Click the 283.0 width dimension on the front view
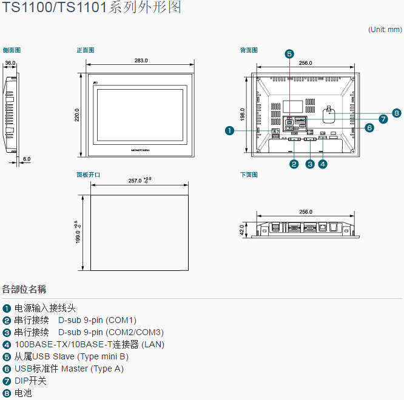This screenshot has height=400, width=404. point(141,61)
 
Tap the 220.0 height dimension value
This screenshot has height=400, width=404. point(77,115)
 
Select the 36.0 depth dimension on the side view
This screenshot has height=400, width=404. point(10,62)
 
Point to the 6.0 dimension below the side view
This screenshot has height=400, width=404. point(26,159)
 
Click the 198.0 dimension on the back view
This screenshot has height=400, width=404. point(243,114)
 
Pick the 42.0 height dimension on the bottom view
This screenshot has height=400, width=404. point(242,230)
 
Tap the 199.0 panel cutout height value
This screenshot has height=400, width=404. point(76,233)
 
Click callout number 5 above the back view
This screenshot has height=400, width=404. point(289,54)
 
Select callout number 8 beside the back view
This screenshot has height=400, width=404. point(396,113)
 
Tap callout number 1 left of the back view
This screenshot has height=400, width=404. point(229,130)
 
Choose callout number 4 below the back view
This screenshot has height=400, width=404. point(323,164)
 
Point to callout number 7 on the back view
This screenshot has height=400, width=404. point(383,119)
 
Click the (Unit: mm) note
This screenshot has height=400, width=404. point(385,29)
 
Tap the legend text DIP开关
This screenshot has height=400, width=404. point(30,381)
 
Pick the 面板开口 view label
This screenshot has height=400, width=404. point(88,175)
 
